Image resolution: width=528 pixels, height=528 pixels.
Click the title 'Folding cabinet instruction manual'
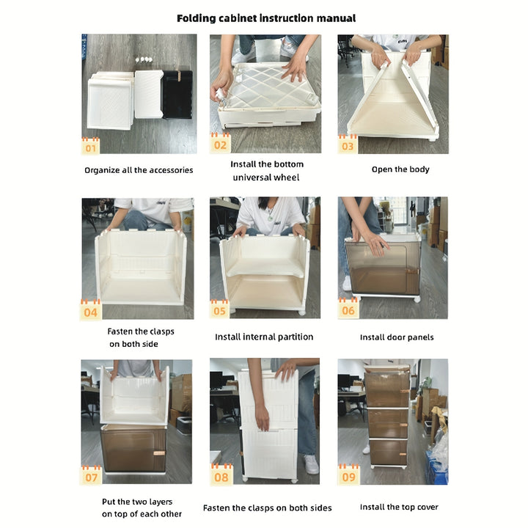266,18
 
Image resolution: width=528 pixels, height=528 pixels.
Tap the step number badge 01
90,146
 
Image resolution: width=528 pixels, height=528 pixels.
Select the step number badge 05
219,309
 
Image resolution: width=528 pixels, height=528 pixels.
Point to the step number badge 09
348,474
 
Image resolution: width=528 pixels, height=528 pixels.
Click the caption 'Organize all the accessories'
139,170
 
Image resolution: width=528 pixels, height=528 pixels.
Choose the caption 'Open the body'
400,169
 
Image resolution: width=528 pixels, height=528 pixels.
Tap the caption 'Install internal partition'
264,337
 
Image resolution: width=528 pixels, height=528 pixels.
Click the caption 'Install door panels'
397,337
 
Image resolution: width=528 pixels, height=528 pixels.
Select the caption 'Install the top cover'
399,507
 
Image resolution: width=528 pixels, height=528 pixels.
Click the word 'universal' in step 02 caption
254,177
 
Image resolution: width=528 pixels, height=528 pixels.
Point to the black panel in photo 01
177,95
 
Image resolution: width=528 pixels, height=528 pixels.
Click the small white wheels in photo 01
144,60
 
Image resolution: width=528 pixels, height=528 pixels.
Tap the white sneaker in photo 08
311,464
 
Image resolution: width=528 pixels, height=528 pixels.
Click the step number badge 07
91,475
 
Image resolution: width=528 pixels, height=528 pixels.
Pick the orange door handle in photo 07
159,453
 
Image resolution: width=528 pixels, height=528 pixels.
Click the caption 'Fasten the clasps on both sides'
268,508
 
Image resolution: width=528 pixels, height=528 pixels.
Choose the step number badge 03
347,144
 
